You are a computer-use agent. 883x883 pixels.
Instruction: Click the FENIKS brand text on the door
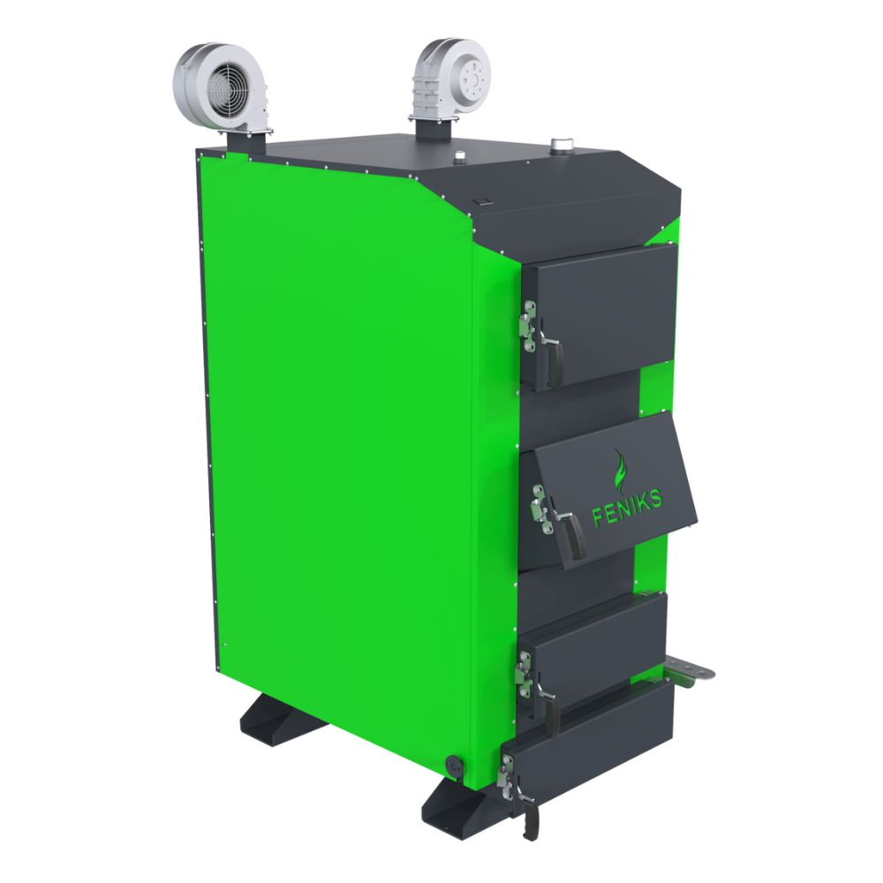(x=627, y=508)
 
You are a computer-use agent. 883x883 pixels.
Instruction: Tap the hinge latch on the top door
(x=528, y=326)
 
